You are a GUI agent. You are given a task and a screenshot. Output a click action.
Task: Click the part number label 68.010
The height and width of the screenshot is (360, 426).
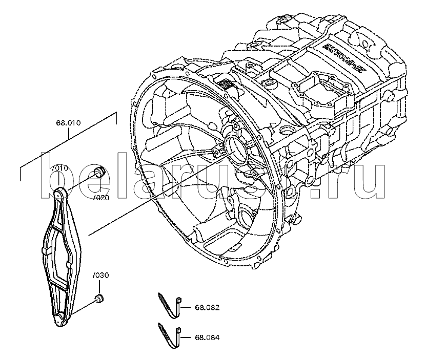click(x=68, y=123)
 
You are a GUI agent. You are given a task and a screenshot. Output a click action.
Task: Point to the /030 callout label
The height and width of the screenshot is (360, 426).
click(x=100, y=276)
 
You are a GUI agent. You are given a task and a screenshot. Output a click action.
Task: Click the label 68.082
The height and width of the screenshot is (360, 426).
click(x=207, y=308)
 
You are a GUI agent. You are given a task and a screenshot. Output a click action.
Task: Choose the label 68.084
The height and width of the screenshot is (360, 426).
click(x=207, y=337)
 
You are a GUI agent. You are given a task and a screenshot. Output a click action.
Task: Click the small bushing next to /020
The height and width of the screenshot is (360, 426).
click(x=100, y=172)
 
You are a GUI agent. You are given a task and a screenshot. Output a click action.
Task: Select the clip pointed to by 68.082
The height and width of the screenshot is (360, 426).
click(x=171, y=305)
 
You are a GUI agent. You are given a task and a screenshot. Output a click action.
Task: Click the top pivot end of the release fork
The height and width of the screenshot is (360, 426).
click(x=60, y=194)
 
